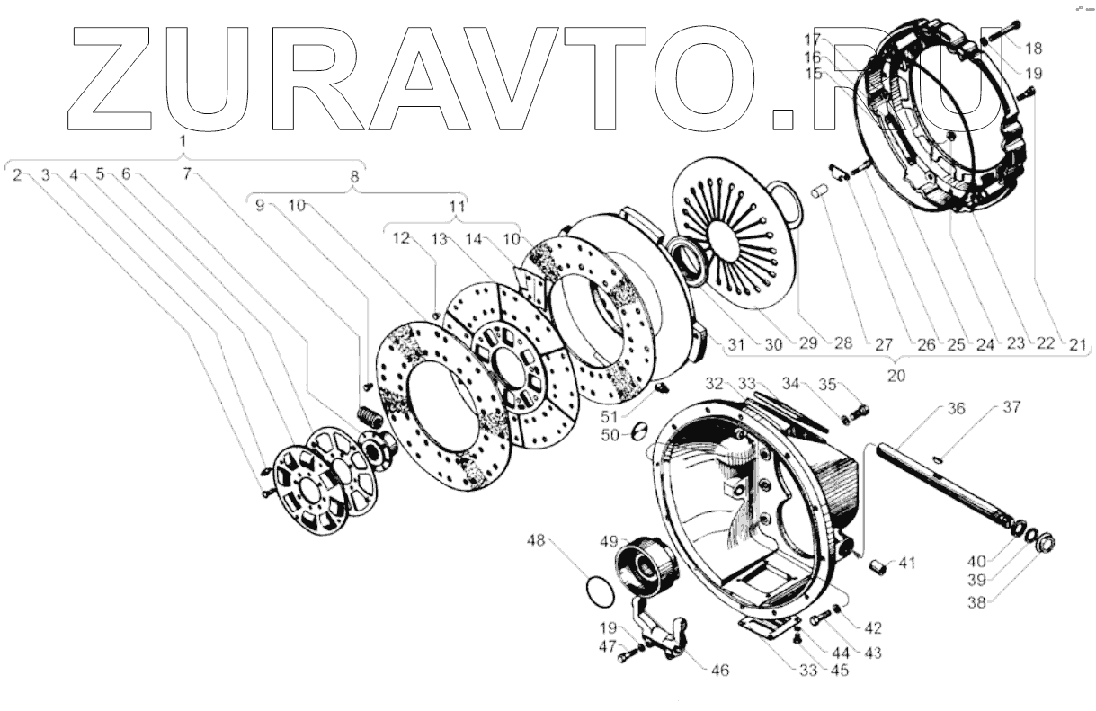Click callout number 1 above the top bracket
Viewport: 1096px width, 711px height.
coord(183,142)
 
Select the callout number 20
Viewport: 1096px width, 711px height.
coord(896,376)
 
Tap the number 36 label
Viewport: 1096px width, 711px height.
coord(956,408)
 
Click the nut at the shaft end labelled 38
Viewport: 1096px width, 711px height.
coord(1045,543)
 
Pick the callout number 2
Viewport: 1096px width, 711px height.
coord(17,174)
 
